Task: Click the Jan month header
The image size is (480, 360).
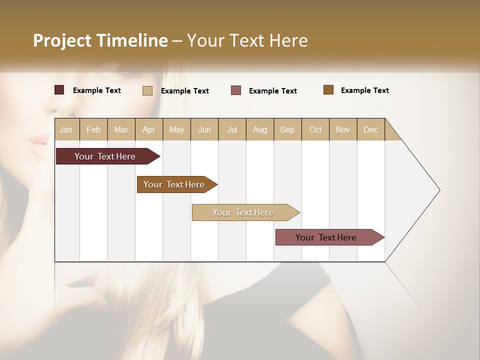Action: (66, 129)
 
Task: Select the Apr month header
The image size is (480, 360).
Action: (148, 129)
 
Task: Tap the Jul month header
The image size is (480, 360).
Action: (232, 129)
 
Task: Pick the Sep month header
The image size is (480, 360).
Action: (287, 129)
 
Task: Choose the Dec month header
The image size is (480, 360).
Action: (370, 129)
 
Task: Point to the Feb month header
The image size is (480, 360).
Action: (93, 129)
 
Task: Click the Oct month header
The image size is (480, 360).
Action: (315, 129)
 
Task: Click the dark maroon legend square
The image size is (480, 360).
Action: (59, 90)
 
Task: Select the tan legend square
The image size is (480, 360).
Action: (147, 90)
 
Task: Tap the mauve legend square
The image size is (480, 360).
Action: (236, 90)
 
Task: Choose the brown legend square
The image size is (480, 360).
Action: (328, 90)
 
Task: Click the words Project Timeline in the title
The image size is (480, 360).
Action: (100, 40)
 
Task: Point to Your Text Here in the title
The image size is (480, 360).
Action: (247, 40)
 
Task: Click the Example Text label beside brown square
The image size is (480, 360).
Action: (364, 90)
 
